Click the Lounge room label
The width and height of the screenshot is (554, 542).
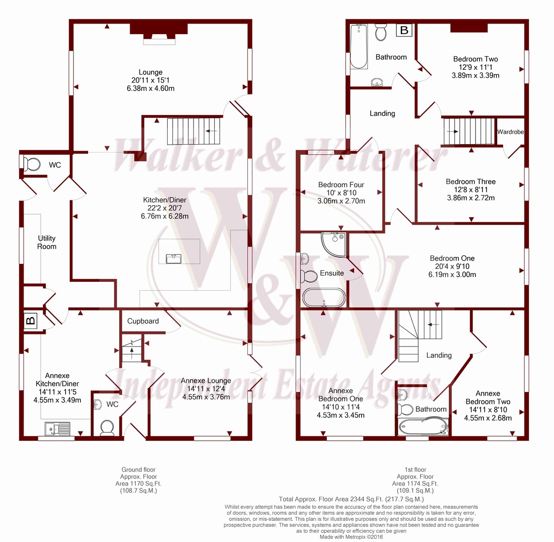coord(151,72)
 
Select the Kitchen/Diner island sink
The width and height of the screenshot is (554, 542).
coord(174,259)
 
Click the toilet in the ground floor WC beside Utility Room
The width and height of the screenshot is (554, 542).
coord(31,164)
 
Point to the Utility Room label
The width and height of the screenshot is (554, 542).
coord(47,242)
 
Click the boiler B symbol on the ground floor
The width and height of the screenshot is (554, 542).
coord(30,321)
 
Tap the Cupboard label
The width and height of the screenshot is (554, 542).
coord(143,321)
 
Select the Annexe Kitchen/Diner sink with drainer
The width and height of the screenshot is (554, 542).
coord(57,428)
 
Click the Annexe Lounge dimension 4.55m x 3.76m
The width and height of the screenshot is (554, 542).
coord(206,397)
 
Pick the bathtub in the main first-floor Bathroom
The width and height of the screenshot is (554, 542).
coord(359,47)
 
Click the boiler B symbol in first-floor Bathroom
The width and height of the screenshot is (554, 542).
coord(404,30)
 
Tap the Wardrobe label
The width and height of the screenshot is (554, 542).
coord(511,132)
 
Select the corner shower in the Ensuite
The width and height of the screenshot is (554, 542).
coord(334,245)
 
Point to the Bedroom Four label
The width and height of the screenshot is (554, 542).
coord(341,185)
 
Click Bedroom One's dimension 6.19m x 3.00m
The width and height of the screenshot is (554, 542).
coord(452,274)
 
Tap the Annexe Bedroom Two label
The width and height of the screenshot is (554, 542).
coord(488,397)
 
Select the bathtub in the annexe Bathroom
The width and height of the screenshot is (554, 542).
coord(423,427)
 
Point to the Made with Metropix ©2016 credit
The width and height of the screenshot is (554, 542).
coord(351,537)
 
